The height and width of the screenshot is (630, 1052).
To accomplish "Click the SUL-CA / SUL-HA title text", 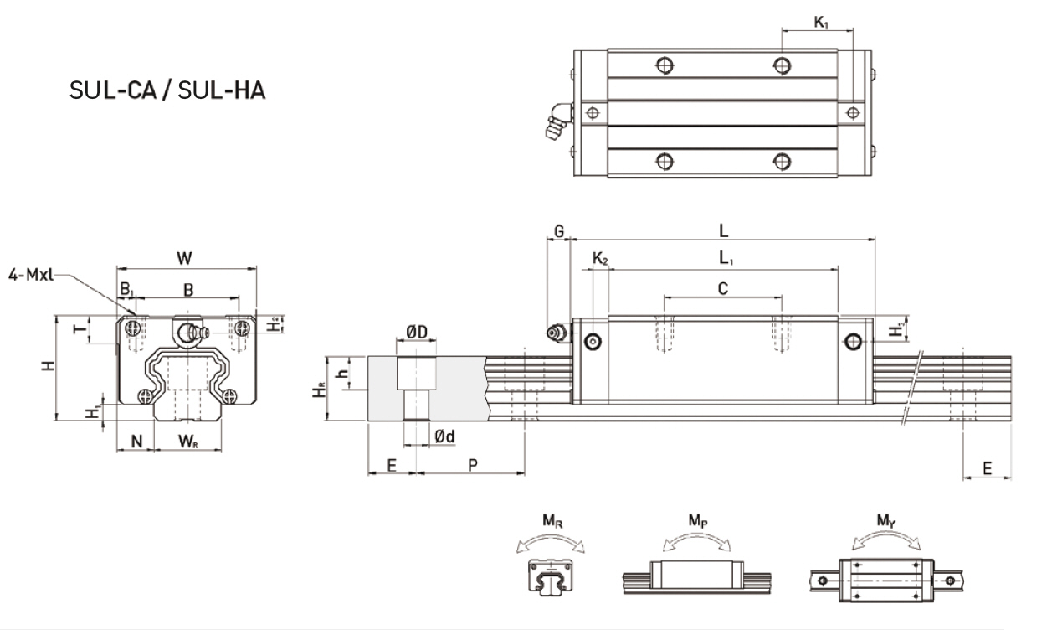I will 167,90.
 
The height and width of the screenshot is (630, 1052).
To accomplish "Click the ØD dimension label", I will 417,333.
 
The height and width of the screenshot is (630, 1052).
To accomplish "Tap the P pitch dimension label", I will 472,466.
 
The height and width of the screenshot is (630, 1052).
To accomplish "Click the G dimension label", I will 559,230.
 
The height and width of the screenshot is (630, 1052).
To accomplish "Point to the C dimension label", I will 723,288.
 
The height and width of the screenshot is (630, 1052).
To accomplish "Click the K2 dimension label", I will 600,260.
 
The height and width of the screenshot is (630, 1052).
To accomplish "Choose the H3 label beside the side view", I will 896,330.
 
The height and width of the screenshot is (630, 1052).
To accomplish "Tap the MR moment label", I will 552,521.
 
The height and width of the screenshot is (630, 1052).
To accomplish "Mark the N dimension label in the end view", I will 136,442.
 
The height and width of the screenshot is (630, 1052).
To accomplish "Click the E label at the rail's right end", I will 987,468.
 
